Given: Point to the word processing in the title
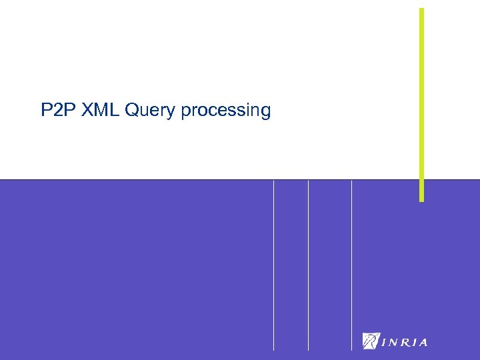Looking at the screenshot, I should (225, 111).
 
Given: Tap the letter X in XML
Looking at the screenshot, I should (87, 110).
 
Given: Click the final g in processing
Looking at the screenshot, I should (265, 112).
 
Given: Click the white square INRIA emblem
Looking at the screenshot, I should (370, 341).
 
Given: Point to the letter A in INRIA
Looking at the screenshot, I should (422, 343).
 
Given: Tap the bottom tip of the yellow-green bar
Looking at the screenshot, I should (421, 199).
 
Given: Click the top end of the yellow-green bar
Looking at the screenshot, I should (421, 9).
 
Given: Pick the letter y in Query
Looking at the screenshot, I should (173, 112).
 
